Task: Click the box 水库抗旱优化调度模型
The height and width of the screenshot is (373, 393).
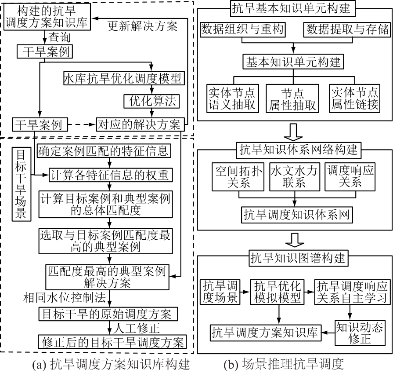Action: coord(123,78)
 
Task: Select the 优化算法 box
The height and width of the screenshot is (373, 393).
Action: coord(152,102)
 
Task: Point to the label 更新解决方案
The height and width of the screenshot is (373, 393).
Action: coord(143,26)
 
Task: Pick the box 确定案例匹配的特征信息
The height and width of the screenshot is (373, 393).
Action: coord(103,152)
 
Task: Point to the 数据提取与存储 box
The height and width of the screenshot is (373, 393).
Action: coord(346,29)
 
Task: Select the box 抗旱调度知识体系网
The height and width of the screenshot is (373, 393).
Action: coord(297,215)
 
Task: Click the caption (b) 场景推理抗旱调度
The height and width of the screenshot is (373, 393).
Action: coord(283,364)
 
